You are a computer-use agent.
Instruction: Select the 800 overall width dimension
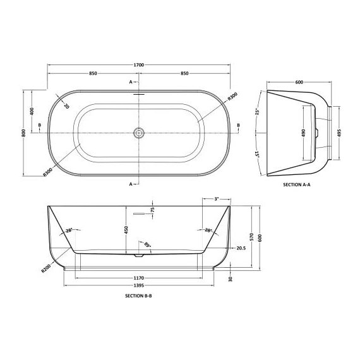(x=23, y=132)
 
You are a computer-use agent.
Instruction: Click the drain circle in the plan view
(x=139, y=133)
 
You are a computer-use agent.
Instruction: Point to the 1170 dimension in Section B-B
(x=139, y=277)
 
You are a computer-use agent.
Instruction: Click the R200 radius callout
(x=45, y=267)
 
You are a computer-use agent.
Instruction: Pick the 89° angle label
(x=148, y=244)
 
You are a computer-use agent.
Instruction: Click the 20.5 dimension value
(x=240, y=249)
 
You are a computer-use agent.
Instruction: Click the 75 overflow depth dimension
(x=152, y=210)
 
